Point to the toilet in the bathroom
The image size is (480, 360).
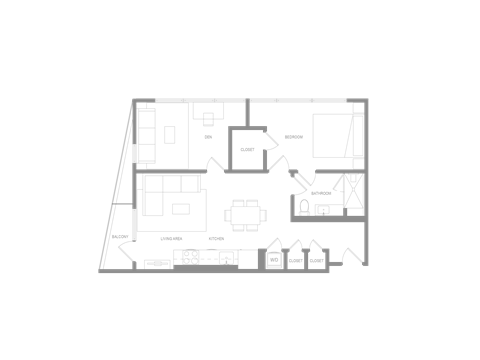point(303,208)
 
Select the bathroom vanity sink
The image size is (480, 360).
point(323,209)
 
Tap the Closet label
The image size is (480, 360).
point(247,149)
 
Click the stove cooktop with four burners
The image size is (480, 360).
point(187,258)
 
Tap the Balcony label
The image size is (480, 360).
point(120,236)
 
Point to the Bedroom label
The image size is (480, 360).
point(293,136)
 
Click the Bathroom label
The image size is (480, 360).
point(321,192)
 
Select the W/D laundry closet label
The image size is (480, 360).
point(274,259)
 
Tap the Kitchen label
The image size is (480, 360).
point(215,238)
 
